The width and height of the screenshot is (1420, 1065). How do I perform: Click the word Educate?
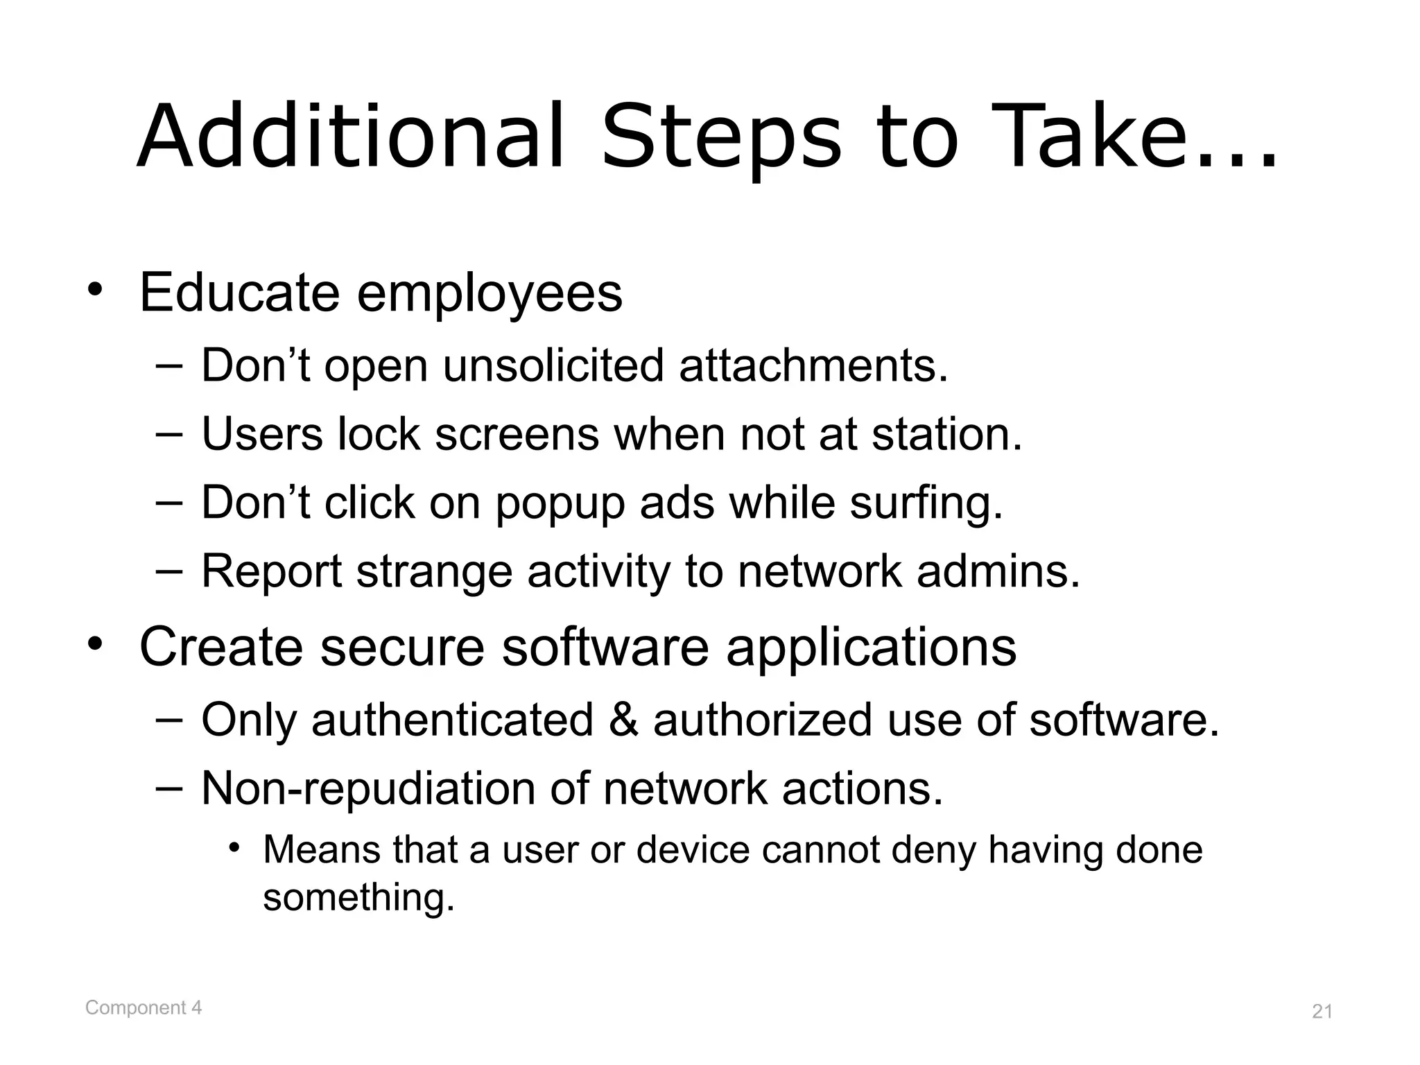click(x=239, y=293)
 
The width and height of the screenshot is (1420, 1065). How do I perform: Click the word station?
click(x=946, y=434)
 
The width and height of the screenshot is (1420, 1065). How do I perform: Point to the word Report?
click(x=271, y=573)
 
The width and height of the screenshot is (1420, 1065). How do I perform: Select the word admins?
click(x=998, y=571)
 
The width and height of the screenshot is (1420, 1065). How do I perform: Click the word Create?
click(x=221, y=646)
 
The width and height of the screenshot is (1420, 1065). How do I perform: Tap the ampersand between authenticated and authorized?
click(x=623, y=719)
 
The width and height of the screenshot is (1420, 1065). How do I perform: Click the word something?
click(x=358, y=897)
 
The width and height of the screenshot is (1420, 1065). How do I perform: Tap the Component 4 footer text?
click(x=144, y=1007)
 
